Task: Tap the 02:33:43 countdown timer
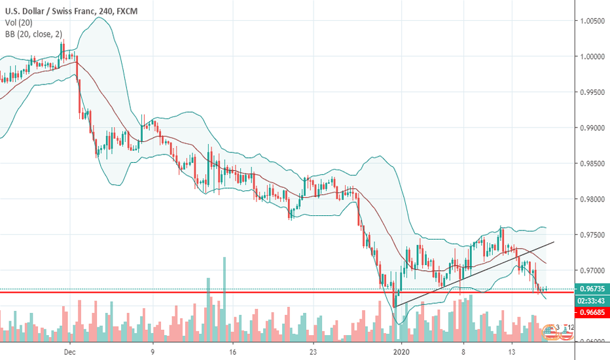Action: point(592,301)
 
